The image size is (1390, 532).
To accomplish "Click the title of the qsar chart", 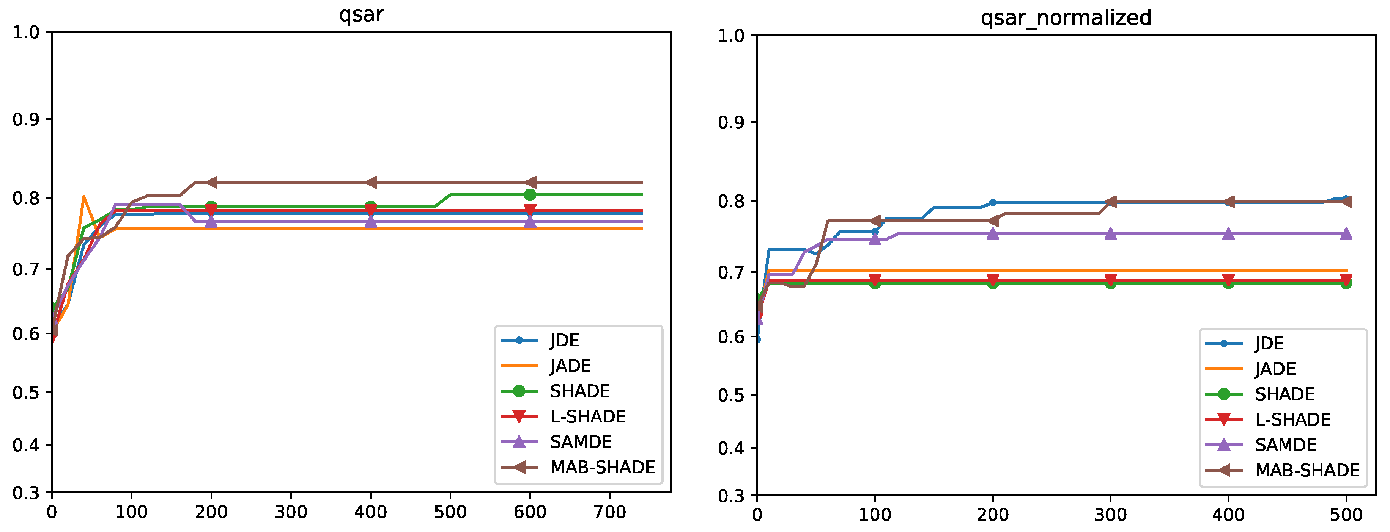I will [x=361, y=14].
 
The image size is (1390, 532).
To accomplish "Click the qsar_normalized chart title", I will [x=1066, y=18].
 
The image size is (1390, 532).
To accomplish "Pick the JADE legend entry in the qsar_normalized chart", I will [x=1275, y=369].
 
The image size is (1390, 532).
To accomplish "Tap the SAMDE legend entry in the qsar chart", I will [x=581, y=441].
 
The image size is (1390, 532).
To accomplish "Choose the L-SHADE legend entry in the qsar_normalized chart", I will [x=1292, y=419].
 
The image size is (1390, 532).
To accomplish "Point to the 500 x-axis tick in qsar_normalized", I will [x=1346, y=515].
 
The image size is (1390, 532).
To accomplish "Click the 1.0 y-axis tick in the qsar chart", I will [x=26, y=32].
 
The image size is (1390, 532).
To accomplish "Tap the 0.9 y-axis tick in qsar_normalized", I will [x=730, y=122].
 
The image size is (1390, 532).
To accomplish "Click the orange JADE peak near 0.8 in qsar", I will [x=83, y=197].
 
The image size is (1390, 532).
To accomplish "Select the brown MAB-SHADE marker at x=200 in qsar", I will [x=211, y=182].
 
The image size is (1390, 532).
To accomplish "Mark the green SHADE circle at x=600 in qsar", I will [x=530, y=195].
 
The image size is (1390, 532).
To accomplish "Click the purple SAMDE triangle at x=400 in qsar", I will [x=371, y=221].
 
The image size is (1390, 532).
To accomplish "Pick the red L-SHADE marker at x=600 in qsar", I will [x=530, y=210].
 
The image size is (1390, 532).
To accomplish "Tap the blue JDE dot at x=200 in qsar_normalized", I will [x=992, y=203].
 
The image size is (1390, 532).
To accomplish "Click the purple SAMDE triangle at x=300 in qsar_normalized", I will [x=1110, y=233].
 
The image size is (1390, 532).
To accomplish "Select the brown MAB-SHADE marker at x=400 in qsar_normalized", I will [x=1228, y=202].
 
